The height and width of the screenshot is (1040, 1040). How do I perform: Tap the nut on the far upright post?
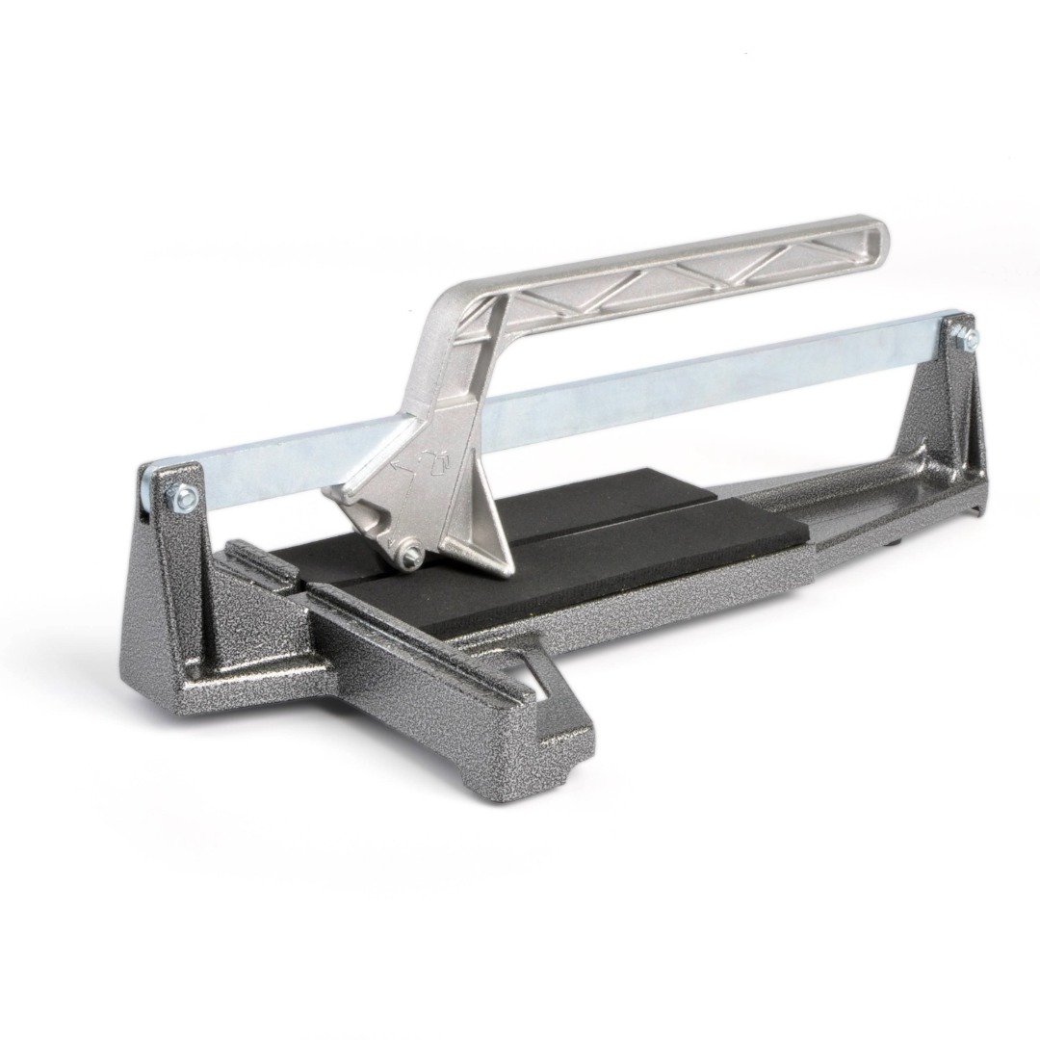coord(965,338)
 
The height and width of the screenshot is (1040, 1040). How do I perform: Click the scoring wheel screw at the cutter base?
coord(410,552)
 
